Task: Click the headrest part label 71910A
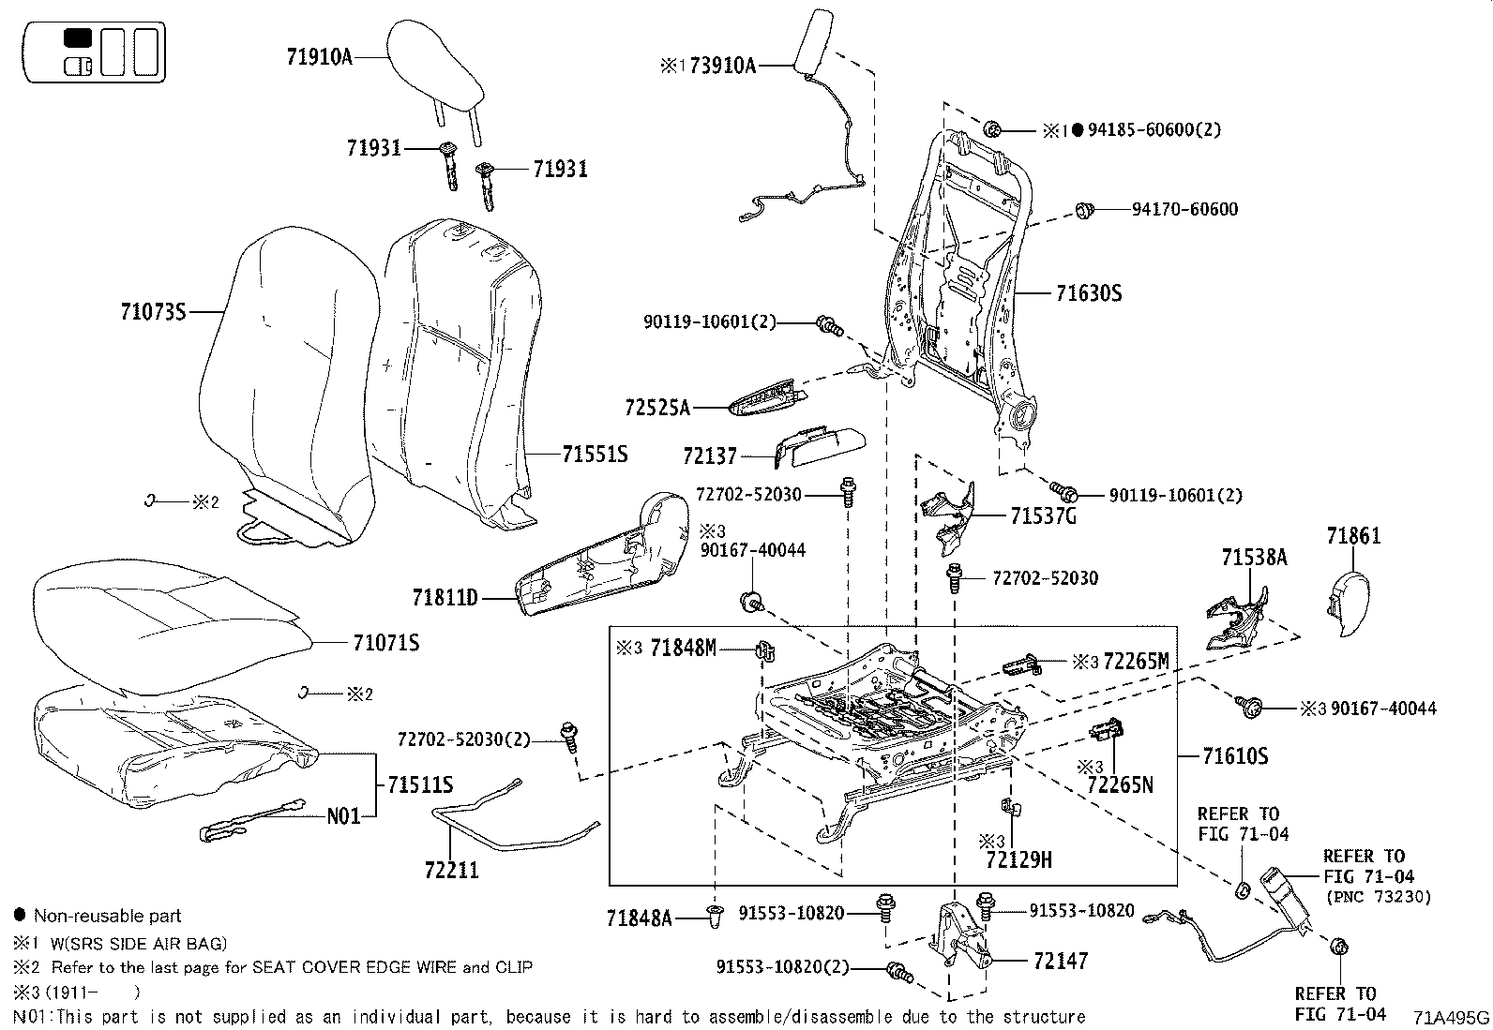[x=319, y=57]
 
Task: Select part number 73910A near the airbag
[x=722, y=66]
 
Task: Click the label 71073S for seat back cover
[x=153, y=311]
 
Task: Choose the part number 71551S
[x=595, y=455]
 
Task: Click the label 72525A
[x=656, y=408]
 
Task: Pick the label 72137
[x=711, y=456]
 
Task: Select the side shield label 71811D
[x=445, y=597]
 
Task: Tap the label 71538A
[x=1254, y=558]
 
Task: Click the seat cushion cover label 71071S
[x=385, y=643]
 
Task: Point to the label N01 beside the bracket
[x=343, y=816]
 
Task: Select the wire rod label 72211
[x=451, y=871]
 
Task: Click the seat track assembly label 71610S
[x=1235, y=755]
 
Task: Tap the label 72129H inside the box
[x=1018, y=858]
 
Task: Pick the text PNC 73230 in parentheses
[x=1379, y=897]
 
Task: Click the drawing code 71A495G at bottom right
[x=1451, y=1018]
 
